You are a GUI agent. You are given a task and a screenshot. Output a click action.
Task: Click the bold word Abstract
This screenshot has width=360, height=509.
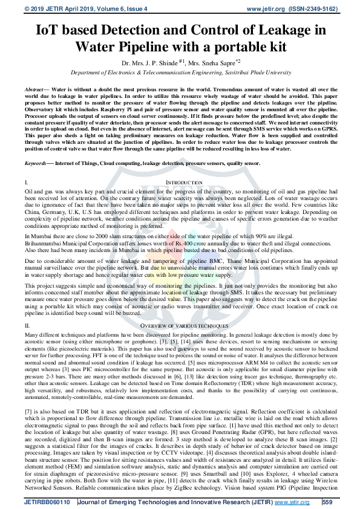pos(34,88)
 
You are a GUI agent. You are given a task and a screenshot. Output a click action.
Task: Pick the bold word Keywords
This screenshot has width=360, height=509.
pos(36,164)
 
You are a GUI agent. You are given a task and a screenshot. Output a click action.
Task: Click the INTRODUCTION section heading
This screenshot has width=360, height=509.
pos(184,182)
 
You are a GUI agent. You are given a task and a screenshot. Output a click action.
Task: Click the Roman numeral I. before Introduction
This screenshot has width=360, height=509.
pos(26,182)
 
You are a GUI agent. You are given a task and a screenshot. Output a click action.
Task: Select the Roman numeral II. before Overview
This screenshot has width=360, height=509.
pos(27,326)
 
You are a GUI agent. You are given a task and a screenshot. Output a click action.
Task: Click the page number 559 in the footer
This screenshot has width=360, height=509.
pos(327,501)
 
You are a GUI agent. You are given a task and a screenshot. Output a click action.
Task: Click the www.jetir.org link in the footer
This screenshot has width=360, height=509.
pos(293,501)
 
